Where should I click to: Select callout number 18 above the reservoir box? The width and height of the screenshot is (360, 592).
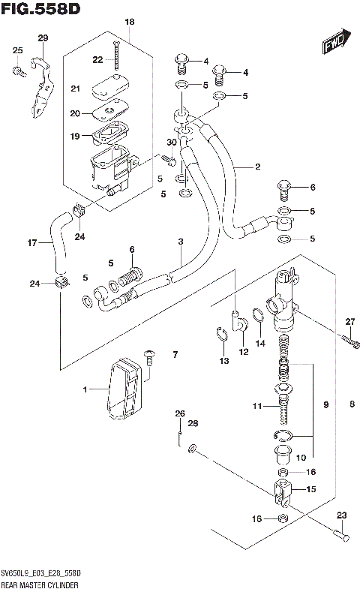coord(129,23)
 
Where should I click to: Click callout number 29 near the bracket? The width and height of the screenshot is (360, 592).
coord(42,38)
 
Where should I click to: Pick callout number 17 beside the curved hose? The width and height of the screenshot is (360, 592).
coord(31,242)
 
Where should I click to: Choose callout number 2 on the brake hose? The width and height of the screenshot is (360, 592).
coord(257,167)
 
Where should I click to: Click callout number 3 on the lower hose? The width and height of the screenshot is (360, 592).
coord(181,241)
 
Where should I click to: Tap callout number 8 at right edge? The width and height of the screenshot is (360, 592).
coord(351,405)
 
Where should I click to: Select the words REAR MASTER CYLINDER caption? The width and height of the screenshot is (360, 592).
coord(40,583)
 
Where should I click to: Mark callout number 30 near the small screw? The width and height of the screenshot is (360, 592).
coord(172,143)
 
